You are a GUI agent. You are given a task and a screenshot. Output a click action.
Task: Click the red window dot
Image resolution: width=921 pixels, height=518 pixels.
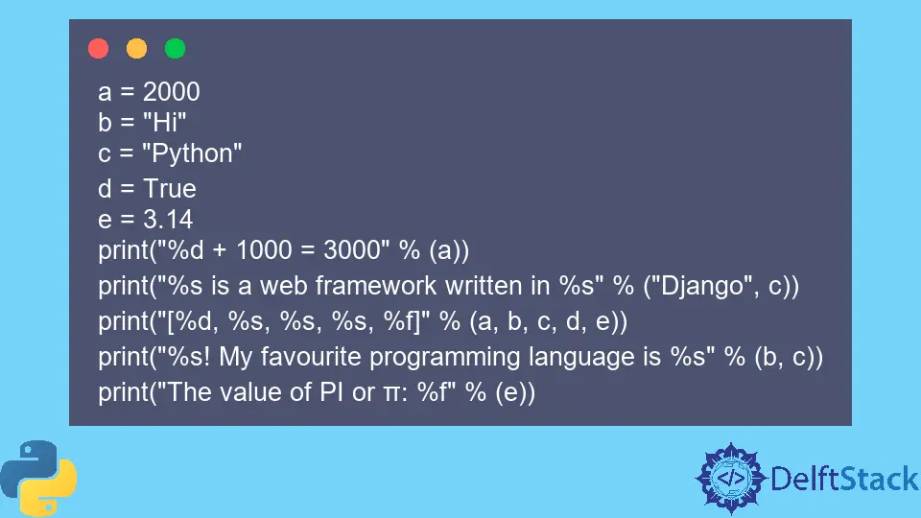point(98,48)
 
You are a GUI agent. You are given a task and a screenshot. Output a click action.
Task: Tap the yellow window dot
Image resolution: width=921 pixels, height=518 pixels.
point(136,48)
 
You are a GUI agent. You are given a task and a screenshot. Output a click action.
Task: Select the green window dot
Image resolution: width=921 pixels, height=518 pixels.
point(175,48)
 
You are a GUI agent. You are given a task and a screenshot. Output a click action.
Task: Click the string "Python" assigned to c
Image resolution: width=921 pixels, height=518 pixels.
point(198,153)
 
